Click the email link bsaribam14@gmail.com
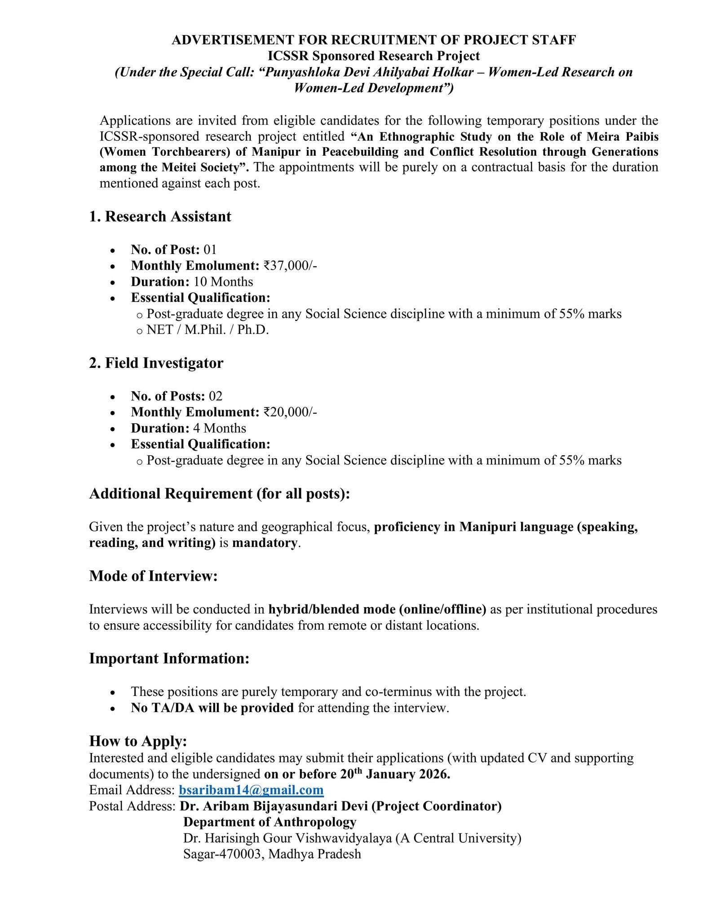click(x=251, y=790)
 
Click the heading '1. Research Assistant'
click(x=160, y=216)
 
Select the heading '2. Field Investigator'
click(x=156, y=363)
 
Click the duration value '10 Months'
click(x=223, y=282)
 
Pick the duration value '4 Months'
click(x=220, y=428)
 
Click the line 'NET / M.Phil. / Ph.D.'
click(x=208, y=330)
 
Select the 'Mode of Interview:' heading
click(x=153, y=576)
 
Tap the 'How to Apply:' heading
click(x=138, y=741)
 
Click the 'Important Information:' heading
click(x=169, y=658)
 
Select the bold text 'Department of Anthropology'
click(x=269, y=822)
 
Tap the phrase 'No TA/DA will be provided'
click(x=212, y=708)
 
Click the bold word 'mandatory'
click(x=265, y=543)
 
